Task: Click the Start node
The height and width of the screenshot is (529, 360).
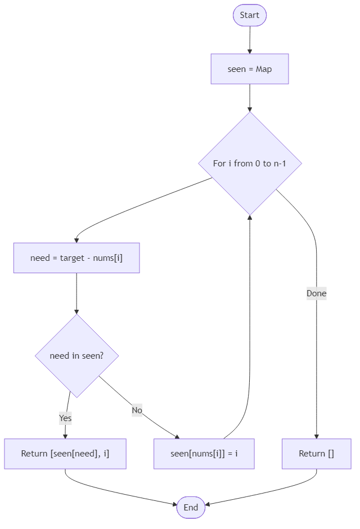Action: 250,15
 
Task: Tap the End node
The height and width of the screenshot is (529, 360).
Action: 191,508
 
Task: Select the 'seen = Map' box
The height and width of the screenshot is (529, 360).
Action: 250,69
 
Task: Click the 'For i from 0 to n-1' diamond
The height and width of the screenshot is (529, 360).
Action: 250,164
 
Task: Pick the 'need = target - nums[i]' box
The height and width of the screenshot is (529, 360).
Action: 76,258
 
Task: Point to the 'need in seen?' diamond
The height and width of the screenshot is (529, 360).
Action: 76,356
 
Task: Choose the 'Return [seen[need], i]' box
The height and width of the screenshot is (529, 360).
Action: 65,454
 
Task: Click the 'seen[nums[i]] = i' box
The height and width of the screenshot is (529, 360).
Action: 204,454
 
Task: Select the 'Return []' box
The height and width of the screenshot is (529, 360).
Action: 316,454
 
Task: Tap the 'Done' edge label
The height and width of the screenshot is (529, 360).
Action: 316,293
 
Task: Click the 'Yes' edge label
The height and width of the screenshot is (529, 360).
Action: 65,418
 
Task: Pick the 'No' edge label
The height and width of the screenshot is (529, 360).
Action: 137,410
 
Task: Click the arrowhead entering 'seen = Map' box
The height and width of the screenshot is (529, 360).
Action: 250,51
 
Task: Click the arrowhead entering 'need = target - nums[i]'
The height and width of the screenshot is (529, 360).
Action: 76,240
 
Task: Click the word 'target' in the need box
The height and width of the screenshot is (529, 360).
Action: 72,258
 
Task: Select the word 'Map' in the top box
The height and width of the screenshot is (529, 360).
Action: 264,69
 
